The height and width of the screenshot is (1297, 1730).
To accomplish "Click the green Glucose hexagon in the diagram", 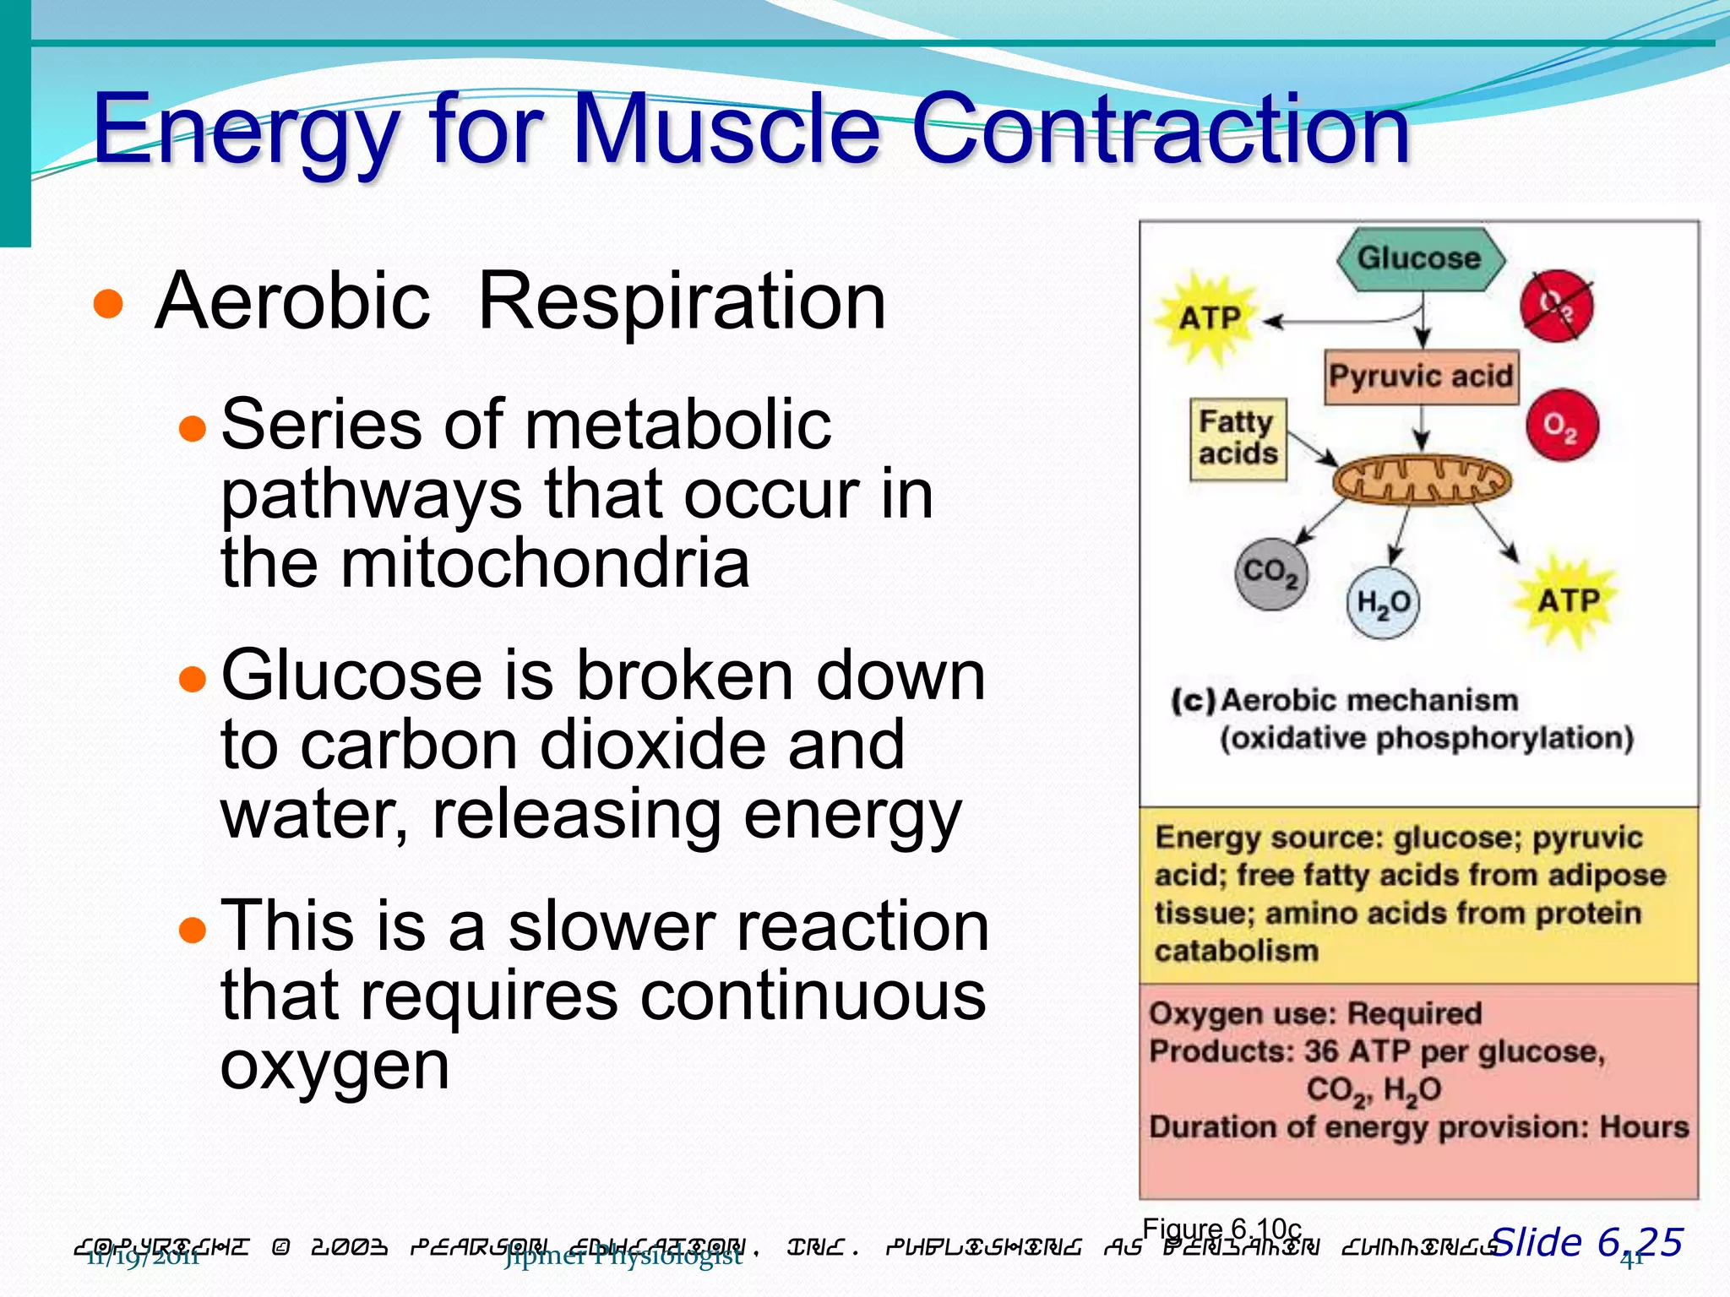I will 1420,258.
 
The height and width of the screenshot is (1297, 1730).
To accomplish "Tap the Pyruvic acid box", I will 1421,376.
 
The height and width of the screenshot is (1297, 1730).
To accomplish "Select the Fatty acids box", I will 1238,438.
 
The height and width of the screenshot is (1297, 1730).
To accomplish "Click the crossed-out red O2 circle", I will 1557,306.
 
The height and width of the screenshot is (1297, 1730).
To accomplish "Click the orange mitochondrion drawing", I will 1422,481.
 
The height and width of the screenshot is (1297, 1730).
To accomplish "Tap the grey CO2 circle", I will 1270,573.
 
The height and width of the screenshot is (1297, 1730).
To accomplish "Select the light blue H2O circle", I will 1383,603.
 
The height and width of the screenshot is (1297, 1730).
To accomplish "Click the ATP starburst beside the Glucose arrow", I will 1210,318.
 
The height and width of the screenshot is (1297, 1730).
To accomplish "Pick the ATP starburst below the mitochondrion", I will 1568,601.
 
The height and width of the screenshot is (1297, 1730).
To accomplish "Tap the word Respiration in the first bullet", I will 682,301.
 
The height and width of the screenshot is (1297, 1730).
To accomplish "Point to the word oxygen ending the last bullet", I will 335,1066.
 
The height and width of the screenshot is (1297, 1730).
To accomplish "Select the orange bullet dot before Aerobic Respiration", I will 109,304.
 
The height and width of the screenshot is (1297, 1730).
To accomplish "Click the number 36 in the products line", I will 1321,1051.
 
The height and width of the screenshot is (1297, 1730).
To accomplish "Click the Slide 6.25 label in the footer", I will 1587,1242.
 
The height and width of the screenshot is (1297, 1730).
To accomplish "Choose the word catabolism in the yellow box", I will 1237,951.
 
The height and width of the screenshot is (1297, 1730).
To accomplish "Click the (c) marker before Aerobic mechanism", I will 1193,701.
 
